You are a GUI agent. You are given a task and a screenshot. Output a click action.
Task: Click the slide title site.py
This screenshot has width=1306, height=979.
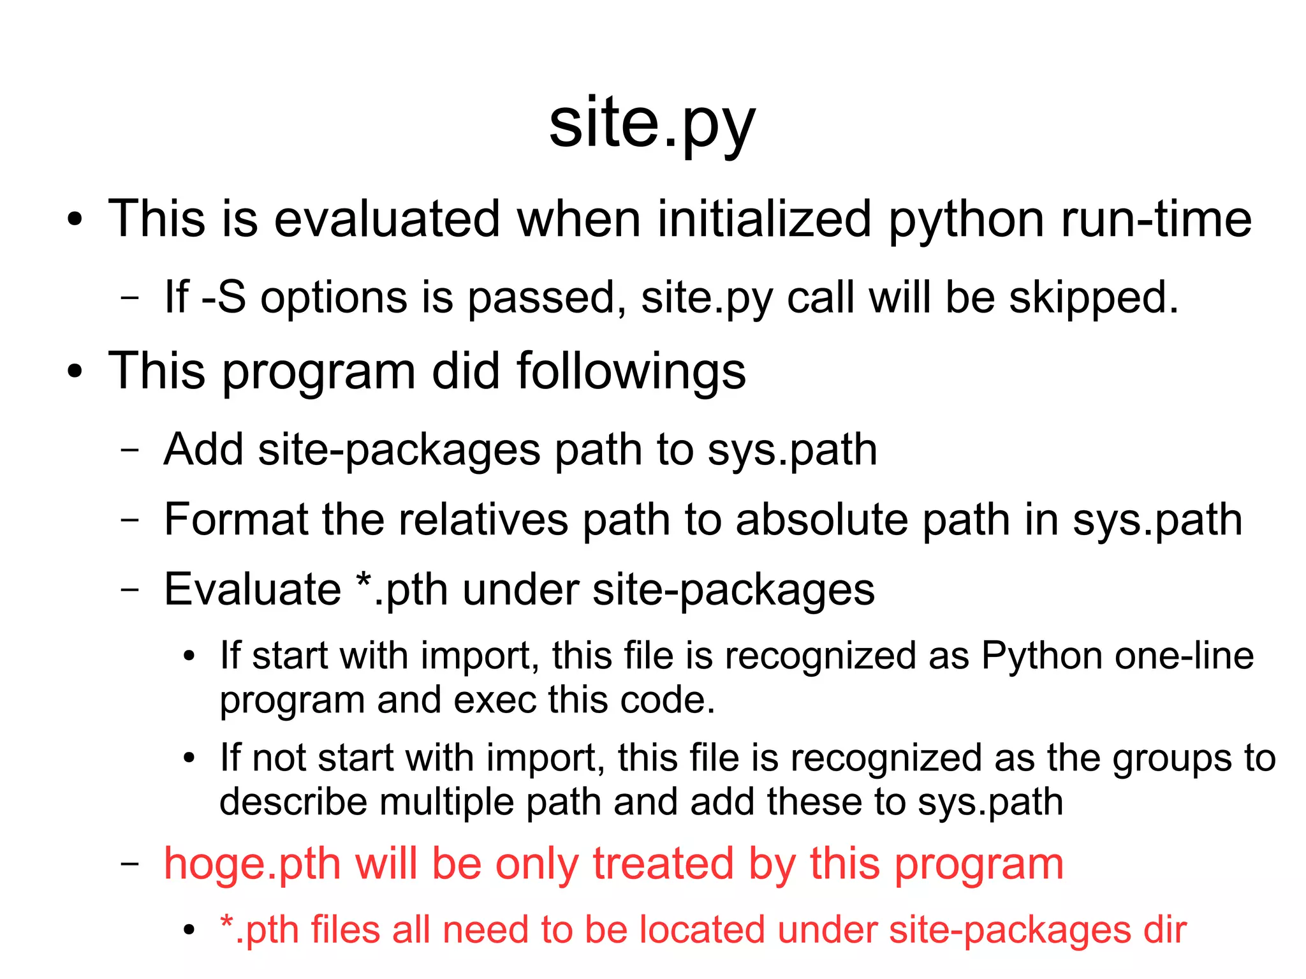652,125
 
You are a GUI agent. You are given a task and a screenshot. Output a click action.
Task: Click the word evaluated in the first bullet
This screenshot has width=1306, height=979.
386,219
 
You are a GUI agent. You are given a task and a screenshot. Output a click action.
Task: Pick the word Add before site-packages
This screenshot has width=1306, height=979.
203,450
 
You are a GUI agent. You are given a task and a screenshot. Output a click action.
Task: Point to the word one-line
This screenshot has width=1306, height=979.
1184,656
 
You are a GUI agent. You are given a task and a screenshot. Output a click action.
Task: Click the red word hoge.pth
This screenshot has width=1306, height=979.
253,864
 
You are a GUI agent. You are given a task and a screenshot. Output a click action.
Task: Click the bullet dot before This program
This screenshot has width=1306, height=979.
75,371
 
